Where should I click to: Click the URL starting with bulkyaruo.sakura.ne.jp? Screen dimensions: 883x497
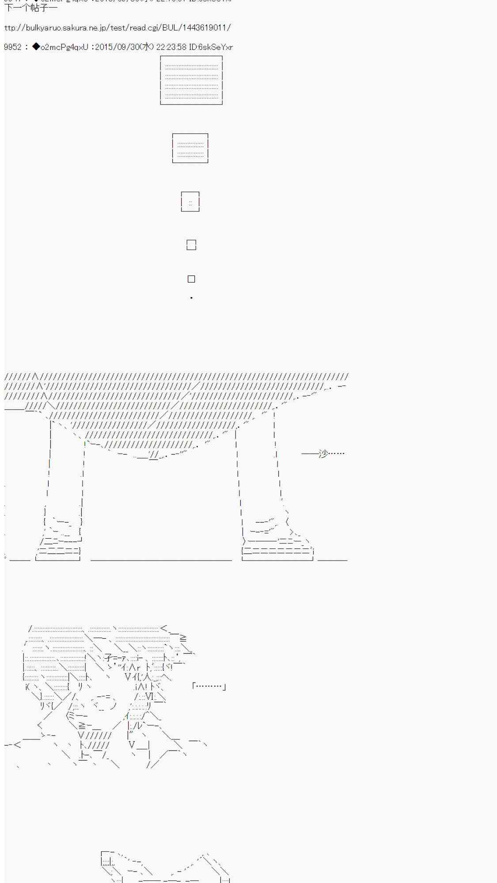117,28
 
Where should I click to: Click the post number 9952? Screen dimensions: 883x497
12,47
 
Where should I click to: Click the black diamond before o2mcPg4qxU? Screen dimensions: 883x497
36,46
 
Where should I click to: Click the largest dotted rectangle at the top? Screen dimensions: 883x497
191,80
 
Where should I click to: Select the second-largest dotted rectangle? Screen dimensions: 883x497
190,148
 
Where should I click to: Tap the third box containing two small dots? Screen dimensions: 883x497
190,202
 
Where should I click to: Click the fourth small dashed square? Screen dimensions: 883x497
191,245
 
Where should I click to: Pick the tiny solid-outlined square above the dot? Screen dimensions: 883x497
191,279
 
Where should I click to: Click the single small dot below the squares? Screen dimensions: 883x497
191,298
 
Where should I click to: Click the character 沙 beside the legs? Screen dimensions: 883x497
323,453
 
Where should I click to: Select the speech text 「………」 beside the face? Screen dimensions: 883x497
209,686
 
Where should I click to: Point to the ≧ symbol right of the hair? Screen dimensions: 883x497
183,638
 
